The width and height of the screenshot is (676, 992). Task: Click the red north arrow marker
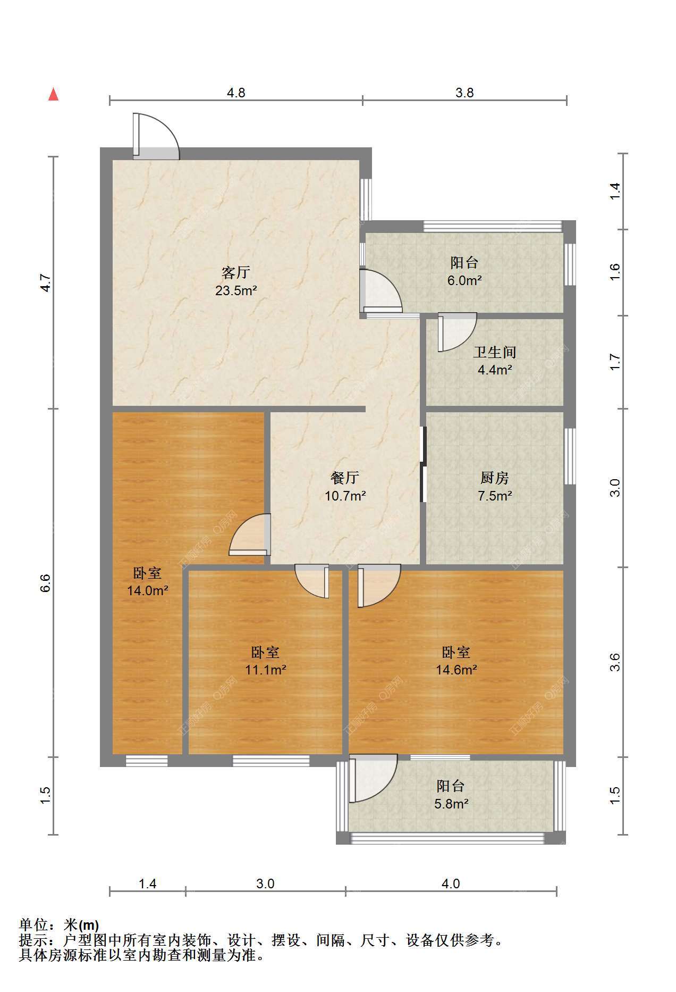53,94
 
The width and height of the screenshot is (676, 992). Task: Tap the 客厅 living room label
236,273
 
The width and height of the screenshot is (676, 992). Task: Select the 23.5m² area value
236,290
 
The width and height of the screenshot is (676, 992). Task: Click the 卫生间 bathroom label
495,352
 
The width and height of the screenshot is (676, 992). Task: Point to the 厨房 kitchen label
495,478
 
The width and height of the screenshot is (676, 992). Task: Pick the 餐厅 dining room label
345,478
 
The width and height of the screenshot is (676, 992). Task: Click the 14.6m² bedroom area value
456,670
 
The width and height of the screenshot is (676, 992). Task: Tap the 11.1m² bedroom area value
265,670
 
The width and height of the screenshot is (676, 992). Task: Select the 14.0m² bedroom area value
148,590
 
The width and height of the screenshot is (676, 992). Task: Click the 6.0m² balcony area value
464,280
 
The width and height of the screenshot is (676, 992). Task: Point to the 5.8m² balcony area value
451,804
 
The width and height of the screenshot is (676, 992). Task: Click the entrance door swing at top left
156,136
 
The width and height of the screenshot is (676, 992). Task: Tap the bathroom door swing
457,332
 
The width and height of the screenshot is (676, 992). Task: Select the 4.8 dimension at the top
236,93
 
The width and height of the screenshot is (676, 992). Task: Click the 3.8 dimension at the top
464,93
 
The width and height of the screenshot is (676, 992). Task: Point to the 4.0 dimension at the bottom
451,883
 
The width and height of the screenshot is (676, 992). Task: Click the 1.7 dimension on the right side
614,362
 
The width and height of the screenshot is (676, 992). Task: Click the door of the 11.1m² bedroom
312,581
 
